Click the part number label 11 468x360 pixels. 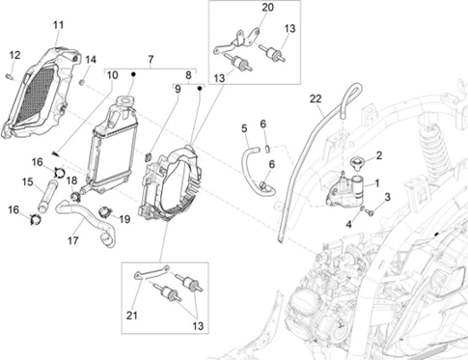[58, 25]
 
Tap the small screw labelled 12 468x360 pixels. [9, 76]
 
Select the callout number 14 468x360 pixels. [91, 60]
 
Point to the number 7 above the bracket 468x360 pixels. [151, 59]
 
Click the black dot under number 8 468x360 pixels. [200, 88]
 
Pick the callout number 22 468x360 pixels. [316, 98]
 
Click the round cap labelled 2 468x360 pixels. [355, 162]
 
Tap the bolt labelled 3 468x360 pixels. [370, 212]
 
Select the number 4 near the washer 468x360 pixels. [349, 224]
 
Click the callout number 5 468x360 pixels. [244, 128]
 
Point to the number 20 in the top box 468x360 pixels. [267, 7]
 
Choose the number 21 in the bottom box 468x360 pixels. [131, 316]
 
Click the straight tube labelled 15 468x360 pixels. [47, 195]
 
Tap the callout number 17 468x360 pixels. [73, 240]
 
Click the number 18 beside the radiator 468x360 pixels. [71, 180]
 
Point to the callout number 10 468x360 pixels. [112, 75]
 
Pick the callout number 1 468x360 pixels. [377, 183]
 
